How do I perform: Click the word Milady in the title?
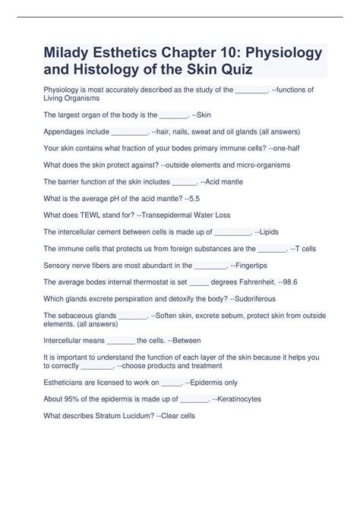(x=71, y=54)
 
